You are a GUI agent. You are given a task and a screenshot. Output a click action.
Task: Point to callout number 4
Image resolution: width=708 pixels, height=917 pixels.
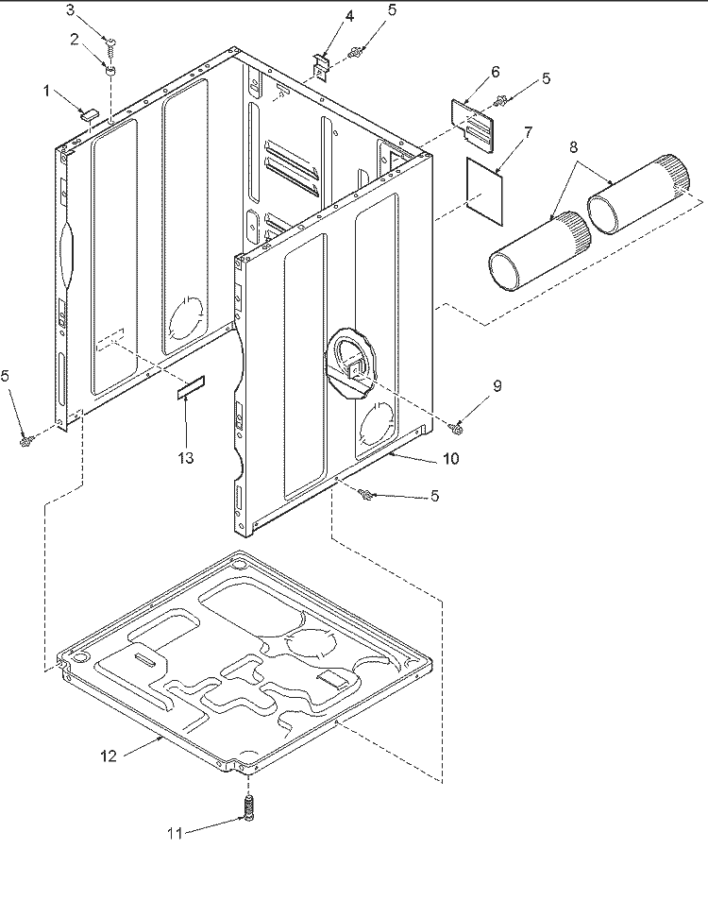pos(323,16)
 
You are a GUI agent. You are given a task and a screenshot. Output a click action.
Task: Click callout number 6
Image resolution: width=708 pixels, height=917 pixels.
pos(496,72)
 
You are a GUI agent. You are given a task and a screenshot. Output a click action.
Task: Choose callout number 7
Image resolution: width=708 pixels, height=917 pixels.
pos(528,131)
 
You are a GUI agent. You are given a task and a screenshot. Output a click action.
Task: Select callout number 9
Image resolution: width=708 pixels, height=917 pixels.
pos(497,385)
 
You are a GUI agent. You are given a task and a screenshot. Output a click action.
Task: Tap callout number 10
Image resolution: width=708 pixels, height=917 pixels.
pos(450,460)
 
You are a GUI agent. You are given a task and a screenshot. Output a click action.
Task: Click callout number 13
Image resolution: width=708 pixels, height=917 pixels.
pos(185,458)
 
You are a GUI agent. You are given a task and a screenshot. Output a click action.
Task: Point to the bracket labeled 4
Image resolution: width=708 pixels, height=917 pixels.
pos(322,64)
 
